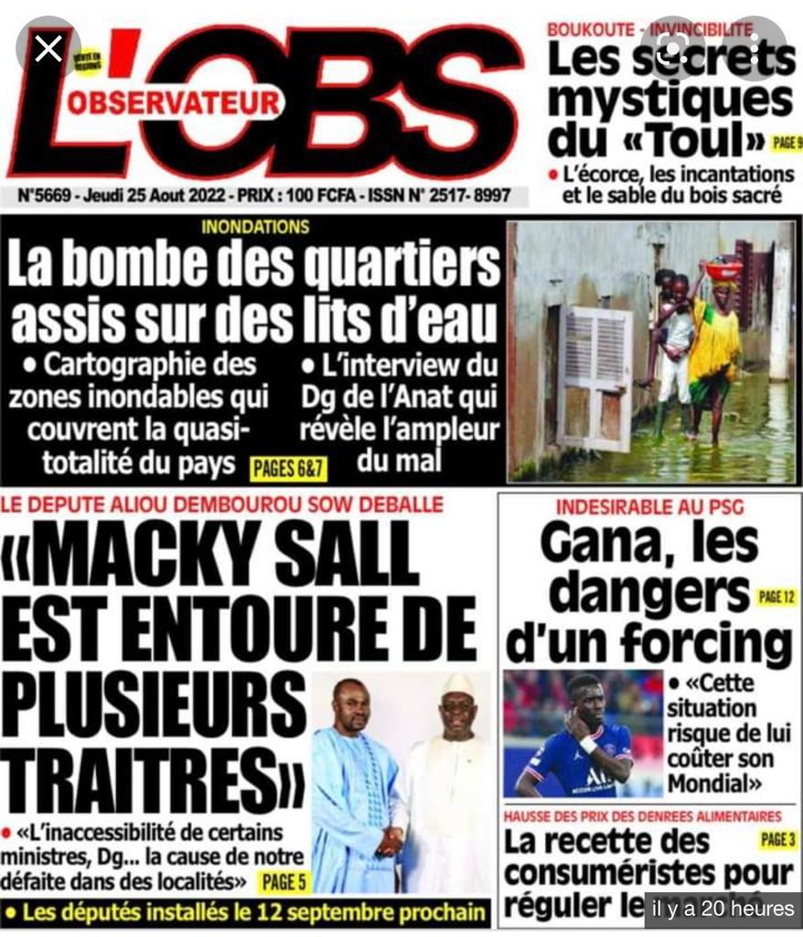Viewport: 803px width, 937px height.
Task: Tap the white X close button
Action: pyautogui.click(x=48, y=48)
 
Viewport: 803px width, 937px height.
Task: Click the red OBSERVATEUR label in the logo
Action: pyautogui.click(x=173, y=102)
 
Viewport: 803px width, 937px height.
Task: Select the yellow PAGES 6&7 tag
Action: pyautogui.click(x=288, y=469)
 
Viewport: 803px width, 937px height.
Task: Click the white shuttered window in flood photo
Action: pyautogui.click(x=595, y=378)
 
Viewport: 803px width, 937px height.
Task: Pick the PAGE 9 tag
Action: pyautogui.click(x=787, y=142)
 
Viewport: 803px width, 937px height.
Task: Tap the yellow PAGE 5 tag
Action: pyautogui.click(x=283, y=882)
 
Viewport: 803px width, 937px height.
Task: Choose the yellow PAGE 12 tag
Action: pyautogui.click(x=776, y=598)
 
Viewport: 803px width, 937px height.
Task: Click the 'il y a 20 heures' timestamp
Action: pyautogui.click(x=723, y=909)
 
